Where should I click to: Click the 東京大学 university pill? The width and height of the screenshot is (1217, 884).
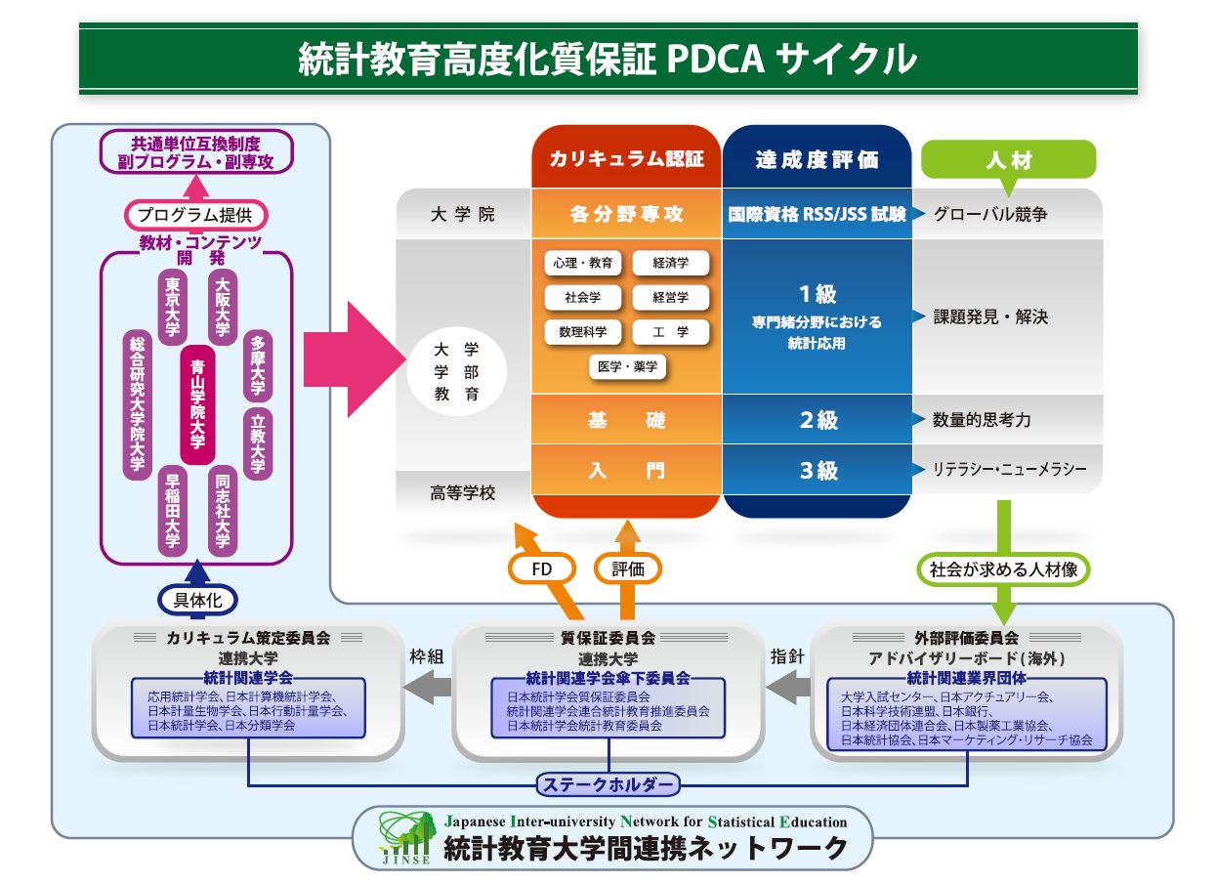(x=172, y=307)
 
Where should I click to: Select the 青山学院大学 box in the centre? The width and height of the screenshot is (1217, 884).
(x=197, y=404)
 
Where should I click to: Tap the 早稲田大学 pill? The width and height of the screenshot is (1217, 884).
(x=172, y=511)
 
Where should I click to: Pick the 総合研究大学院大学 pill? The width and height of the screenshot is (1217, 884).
(x=137, y=404)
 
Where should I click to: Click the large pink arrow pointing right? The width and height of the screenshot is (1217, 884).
(x=355, y=359)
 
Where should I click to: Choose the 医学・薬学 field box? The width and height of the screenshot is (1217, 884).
(x=627, y=366)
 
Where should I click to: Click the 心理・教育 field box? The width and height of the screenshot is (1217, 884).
(x=582, y=263)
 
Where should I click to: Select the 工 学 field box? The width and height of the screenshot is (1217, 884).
(x=671, y=332)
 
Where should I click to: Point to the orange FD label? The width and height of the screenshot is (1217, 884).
(x=542, y=568)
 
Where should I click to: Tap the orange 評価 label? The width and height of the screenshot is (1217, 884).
(x=627, y=568)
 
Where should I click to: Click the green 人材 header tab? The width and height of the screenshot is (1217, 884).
(x=1008, y=160)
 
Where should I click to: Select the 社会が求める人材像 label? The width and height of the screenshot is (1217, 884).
(x=1003, y=569)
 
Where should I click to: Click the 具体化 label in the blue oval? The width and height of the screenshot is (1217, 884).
(x=197, y=601)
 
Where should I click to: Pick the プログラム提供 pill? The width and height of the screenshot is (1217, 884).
(x=196, y=215)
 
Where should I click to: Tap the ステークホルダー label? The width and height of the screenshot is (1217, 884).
(x=608, y=784)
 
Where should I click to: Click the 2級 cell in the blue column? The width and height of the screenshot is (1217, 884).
(x=818, y=419)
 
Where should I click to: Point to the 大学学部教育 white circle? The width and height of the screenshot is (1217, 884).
(x=457, y=371)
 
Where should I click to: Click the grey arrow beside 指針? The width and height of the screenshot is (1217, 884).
(x=788, y=687)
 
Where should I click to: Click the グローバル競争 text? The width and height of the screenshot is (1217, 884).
(x=990, y=214)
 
